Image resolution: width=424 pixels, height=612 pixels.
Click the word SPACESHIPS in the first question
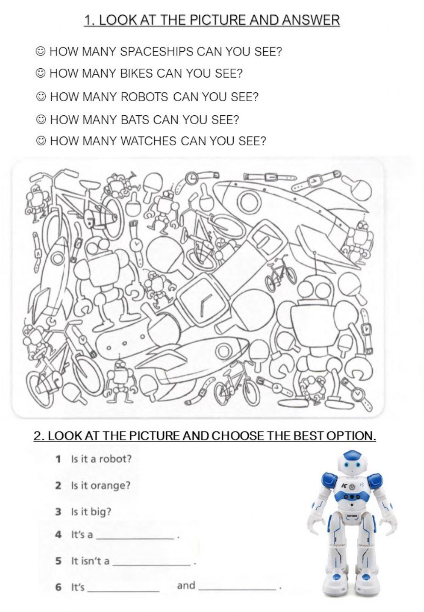[156, 51]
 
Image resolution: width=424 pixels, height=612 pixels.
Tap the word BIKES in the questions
[137, 73]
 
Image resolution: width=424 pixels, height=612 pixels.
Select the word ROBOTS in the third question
[144, 97]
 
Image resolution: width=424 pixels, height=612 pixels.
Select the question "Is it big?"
[91, 512]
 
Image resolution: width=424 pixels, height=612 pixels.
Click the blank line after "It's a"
[135, 539]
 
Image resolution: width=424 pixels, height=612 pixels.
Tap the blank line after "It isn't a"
[151, 565]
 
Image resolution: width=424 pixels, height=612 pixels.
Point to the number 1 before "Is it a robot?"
[58, 459]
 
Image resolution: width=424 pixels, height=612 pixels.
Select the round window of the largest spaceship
[249, 202]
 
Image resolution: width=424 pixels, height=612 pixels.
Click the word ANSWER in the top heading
[311, 20]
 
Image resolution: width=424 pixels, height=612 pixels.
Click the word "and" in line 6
[186, 585]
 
